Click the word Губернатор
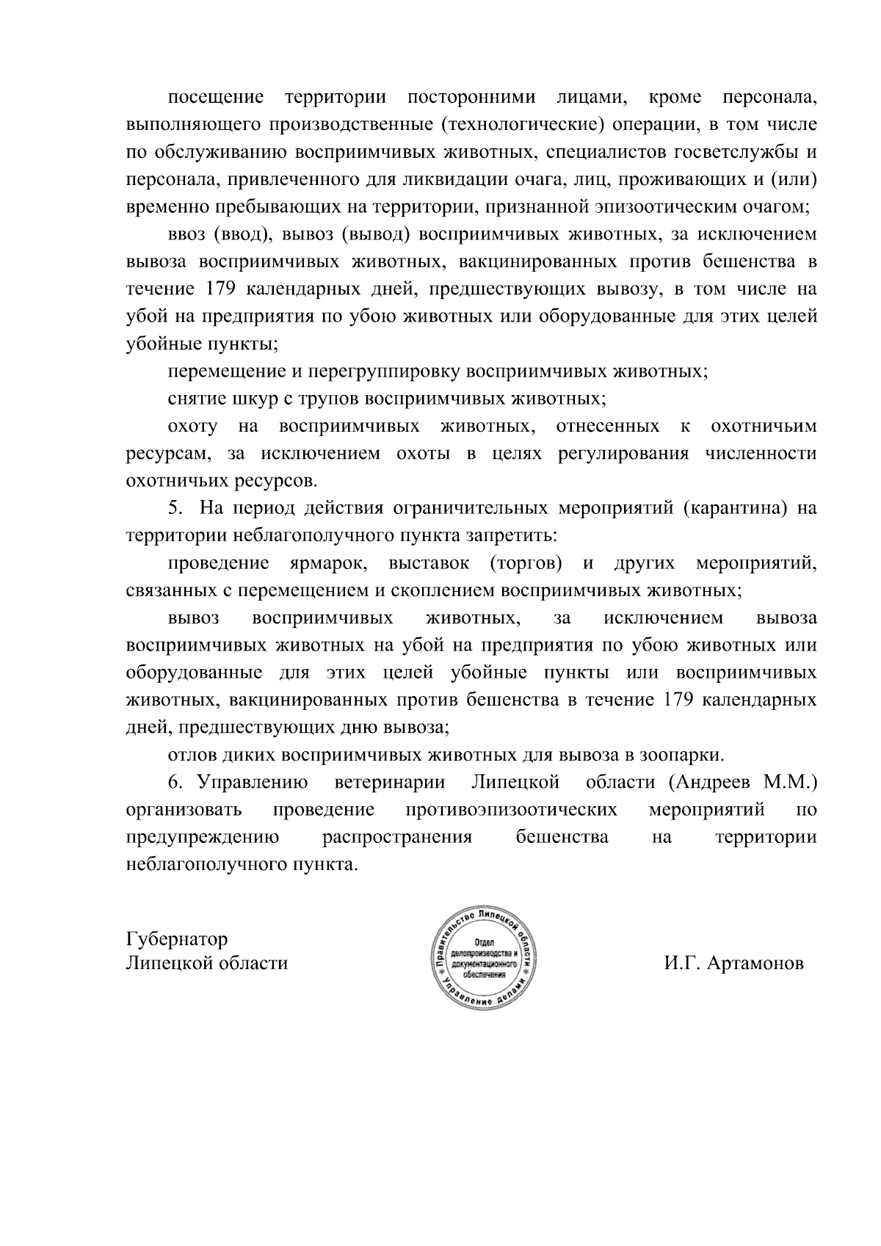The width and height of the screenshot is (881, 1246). [177, 939]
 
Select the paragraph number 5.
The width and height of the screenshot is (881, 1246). [174, 508]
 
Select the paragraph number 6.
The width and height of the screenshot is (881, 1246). [175, 783]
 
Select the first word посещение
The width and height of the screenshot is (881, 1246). [216, 97]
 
